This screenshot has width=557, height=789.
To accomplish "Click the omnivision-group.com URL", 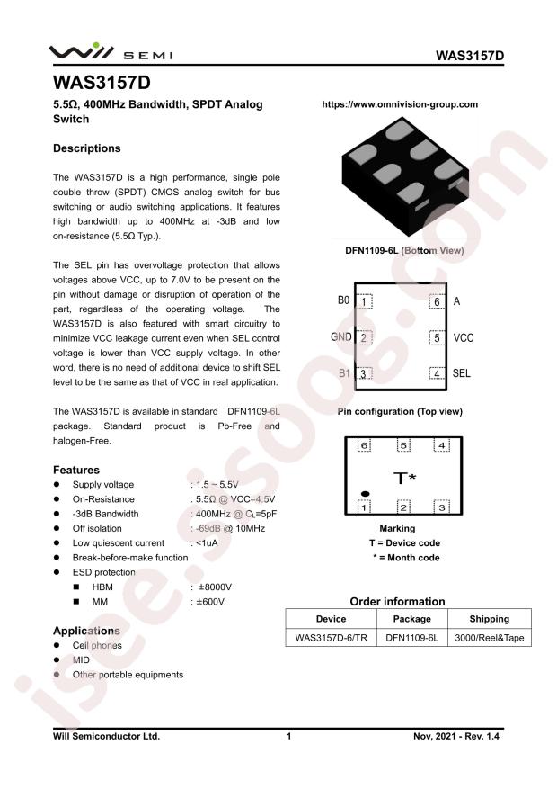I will (x=400, y=104).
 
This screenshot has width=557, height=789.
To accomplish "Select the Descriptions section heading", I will (x=86, y=148).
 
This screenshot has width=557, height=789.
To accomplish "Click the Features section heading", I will (x=75, y=470).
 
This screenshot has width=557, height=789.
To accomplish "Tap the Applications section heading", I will (x=86, y=631).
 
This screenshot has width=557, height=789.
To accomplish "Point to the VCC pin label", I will (x=463, y=339).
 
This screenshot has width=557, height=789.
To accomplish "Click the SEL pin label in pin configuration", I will (x=462, y=373).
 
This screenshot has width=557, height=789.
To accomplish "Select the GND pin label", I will (x=340, y=338).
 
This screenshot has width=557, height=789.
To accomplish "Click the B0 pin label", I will (x=343, y=301).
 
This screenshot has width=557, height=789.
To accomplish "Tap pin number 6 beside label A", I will (x=437, y=302).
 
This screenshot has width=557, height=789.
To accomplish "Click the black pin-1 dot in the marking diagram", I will (x=366, y=493).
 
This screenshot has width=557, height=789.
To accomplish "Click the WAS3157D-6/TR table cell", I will (x=331, y=638).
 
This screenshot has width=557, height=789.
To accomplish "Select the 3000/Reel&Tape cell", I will (x=489, y=638).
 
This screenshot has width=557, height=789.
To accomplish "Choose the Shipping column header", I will (x=489, y=619).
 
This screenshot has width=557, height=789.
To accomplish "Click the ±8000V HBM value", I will (x=216, y=587).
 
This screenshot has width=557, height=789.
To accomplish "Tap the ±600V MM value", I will (x=213, y=601).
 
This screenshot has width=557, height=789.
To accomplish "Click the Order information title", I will (x=396, y=601).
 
